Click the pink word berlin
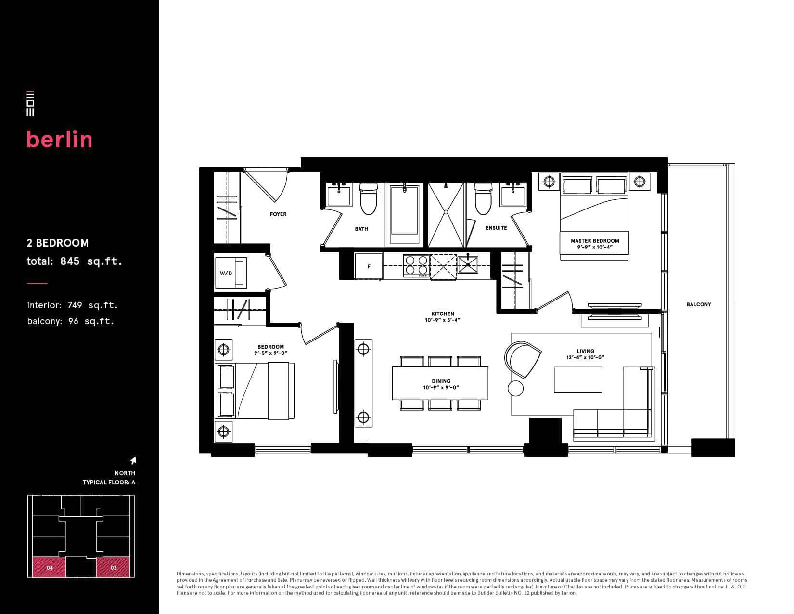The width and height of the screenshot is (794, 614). tap(59, 139)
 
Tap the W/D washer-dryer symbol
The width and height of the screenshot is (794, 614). tap(231, 273)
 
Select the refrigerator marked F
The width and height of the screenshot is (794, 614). tap(368, 267)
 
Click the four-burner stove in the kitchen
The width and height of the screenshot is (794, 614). tap(416, 265)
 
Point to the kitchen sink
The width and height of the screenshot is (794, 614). tap(468, 264)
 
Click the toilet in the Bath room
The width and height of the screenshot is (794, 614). tap(368, 198)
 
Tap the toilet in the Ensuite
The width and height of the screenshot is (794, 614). tap(483, 198)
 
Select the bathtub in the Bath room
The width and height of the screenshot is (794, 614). tap(404, 214)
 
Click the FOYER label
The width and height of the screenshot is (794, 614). tap(278, 214)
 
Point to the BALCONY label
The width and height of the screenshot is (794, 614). tap(699, 304)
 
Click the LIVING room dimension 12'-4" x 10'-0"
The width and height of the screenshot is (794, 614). tap(585, 357)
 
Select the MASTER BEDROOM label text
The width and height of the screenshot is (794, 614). tap(595, 241)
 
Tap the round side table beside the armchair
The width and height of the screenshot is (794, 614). tap(515, 388)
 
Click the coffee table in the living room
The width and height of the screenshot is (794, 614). tap(577, 379)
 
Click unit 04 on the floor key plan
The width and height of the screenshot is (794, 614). tap(50, 567)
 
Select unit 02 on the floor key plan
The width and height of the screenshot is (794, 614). tap(113, 567)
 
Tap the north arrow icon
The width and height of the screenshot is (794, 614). tap(133, 460)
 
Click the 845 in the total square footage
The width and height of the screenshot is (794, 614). tap(70, 261)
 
